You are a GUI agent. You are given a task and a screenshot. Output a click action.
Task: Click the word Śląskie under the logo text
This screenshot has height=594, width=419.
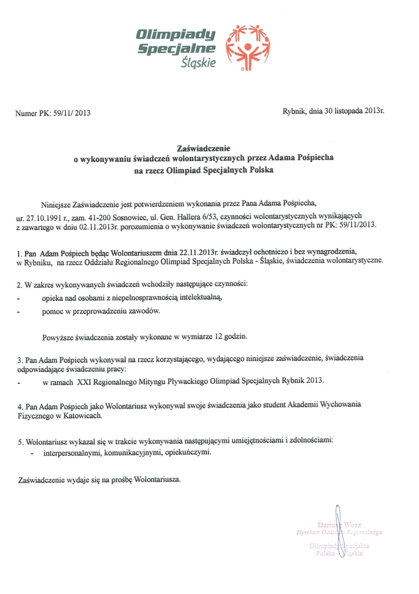coord(198,62)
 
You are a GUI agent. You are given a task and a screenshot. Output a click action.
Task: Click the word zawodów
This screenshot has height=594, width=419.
coord(146,311)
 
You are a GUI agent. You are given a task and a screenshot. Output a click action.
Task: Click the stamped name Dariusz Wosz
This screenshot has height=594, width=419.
coord(339,525)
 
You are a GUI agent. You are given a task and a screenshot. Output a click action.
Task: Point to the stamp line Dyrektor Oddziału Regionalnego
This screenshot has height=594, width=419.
coord(339,532)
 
